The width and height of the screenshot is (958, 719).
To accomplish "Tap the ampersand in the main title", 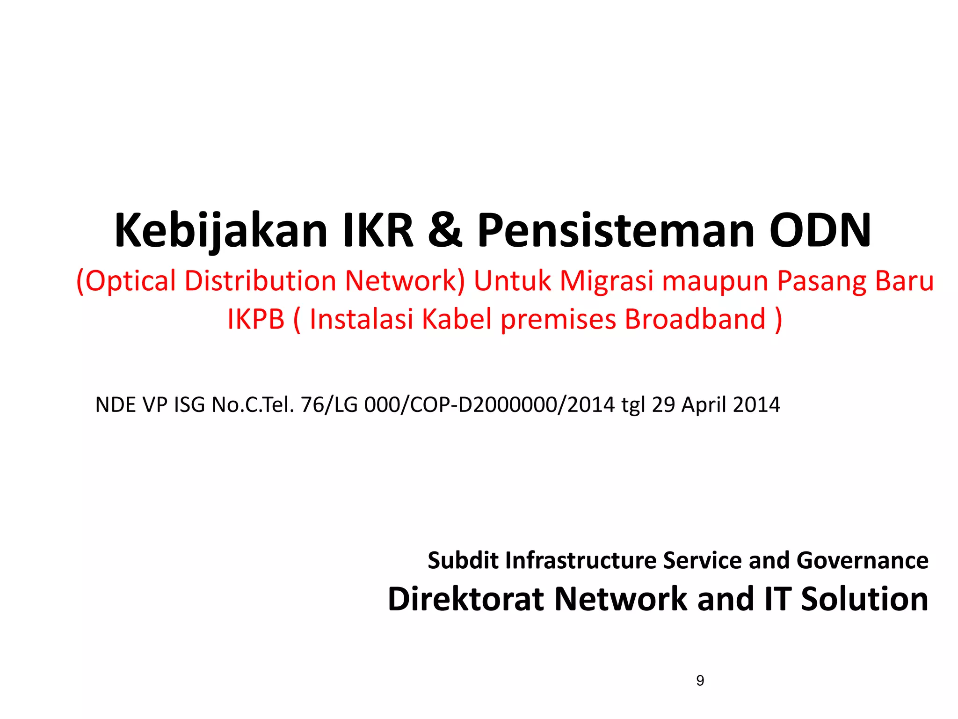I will point(445,230).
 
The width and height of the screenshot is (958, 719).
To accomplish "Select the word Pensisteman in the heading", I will point(616,230).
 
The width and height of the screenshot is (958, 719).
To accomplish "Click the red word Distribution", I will point(260,281).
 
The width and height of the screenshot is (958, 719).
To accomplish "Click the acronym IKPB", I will point(256,319).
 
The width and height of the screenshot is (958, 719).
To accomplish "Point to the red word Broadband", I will point(695,319).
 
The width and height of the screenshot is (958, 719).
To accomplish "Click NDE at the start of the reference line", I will point(115,405).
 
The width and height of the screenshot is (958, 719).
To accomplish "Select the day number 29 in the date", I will point(663,405).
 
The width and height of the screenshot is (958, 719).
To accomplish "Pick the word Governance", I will point(862,560).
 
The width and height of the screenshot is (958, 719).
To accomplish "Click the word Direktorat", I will point(466,599).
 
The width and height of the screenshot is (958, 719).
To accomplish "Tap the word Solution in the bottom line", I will point(864,599).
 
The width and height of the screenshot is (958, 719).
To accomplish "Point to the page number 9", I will point(700,680).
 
